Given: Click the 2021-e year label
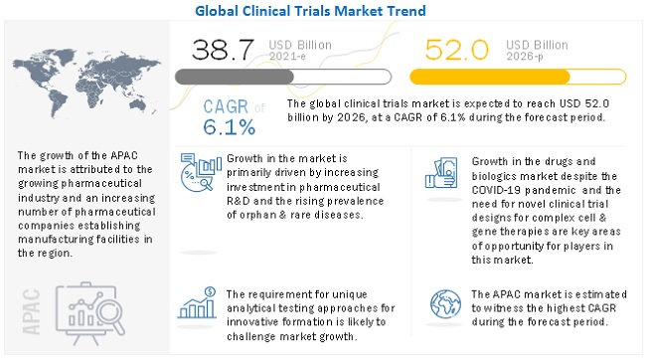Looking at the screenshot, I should [x=281, y=57].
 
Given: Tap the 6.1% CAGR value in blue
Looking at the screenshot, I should [x=229, y=127].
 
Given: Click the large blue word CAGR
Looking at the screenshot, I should [x=225, y=107].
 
